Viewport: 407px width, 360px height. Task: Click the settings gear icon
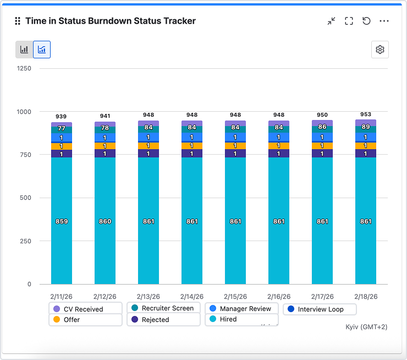[x=380, y=50]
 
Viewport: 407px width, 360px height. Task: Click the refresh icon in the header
[x=366, y=21]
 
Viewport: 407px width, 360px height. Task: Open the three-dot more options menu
[x=384, y=21]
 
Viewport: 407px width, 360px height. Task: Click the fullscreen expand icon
[x=349, y=21]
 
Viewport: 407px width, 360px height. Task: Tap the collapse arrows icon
[x=331, y=21]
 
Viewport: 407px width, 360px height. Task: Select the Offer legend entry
[x=71, y=320]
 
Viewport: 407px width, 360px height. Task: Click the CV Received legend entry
[x=82, y=309]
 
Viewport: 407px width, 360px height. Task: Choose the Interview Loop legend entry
[x=320, y=309]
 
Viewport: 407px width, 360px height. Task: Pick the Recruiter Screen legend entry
[x=167, y=308]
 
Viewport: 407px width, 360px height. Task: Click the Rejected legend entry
[x=155, y=320]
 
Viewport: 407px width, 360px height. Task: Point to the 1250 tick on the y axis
[x=24, y=69]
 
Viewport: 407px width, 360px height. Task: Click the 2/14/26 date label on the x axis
[x=192, y=296]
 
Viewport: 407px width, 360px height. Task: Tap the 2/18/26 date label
[x=366, y=296]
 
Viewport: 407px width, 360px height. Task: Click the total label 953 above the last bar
[x=366, y=114]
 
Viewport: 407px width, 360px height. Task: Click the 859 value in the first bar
[x=62, y=221]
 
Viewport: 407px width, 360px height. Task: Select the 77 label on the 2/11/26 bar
[x=62, y=128]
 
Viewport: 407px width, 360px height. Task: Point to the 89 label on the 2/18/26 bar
[x=366, y=127]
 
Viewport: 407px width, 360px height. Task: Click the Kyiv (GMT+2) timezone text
[x=366, y=327]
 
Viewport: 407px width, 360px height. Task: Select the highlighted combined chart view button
[x=42, y=50]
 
